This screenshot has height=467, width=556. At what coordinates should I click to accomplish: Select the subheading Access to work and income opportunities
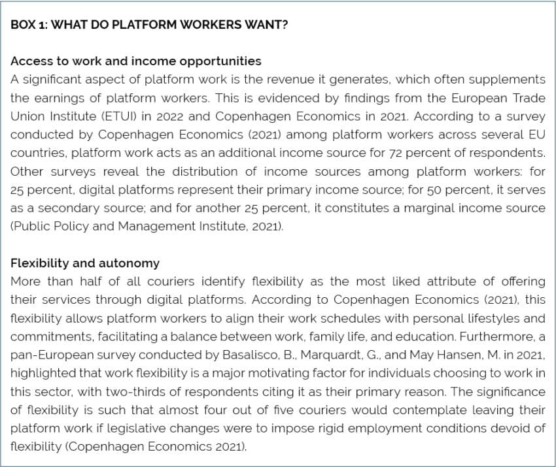(136, 61)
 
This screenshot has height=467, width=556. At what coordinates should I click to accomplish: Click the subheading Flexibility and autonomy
(85, 263)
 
